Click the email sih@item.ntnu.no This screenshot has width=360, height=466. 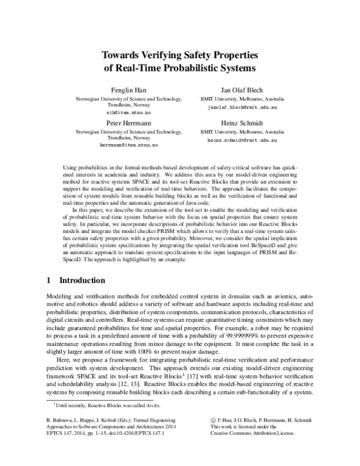121,112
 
